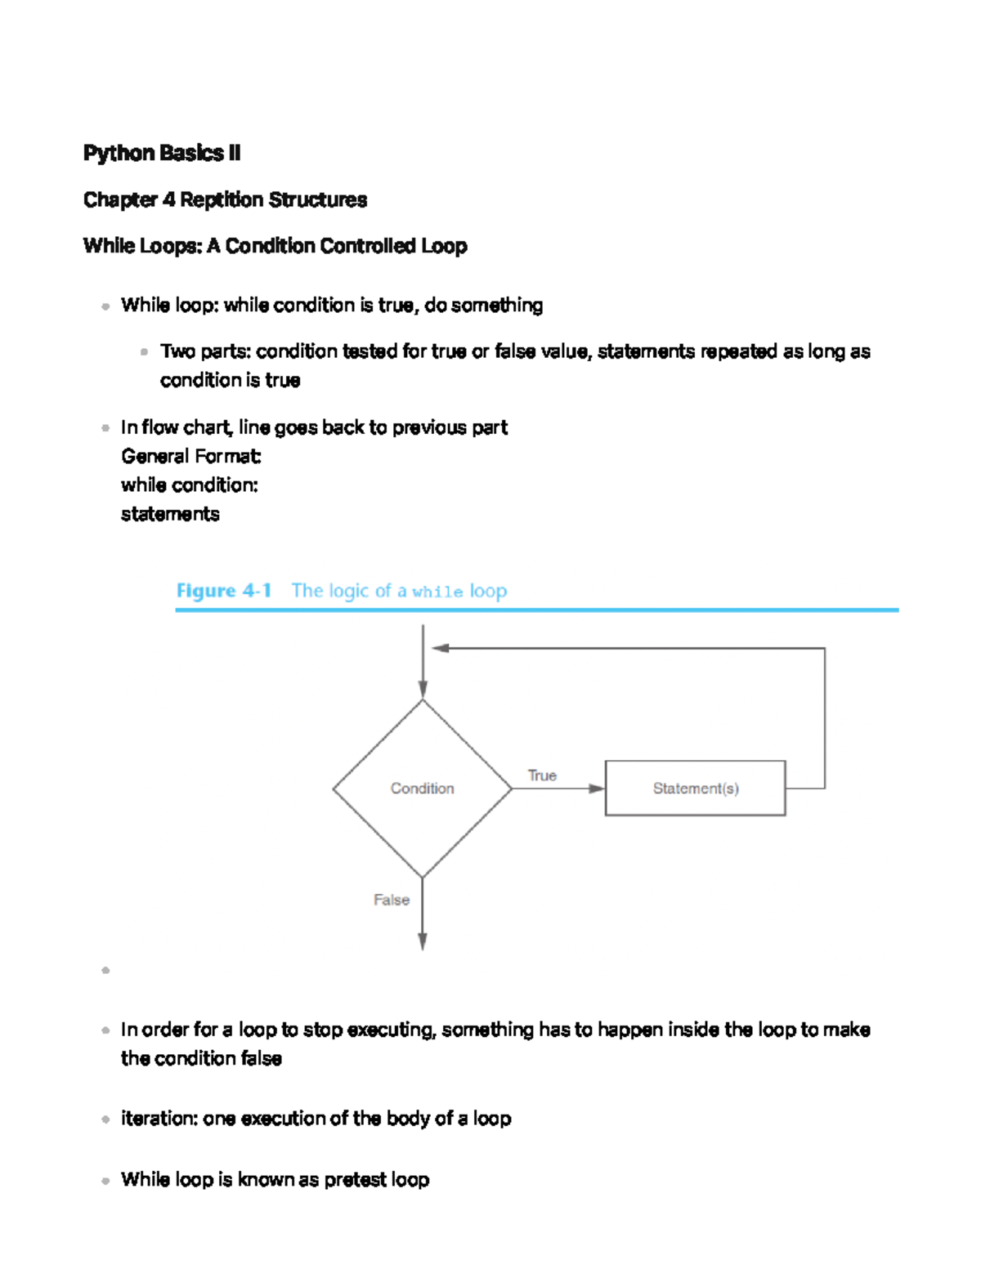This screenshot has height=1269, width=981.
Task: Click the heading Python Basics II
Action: pyautogui.click(x=162, y=154)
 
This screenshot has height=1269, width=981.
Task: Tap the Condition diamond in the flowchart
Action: pyautogui.click(x=422, y=789)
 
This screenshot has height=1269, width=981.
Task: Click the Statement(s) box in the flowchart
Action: pyautogui.click(x=695, y=789)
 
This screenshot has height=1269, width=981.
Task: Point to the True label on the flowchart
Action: pyautogui.click(x=542, y=775)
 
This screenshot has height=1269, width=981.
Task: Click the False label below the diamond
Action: pyautogui.click(x=392, y=900)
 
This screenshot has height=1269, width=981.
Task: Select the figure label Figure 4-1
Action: pyautogui.click(x=223, y=591)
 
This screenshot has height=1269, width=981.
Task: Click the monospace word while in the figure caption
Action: pyautogui.click(x=437, y=592)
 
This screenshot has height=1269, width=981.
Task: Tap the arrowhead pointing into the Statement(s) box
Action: pyautogui.click(x=597, y=789)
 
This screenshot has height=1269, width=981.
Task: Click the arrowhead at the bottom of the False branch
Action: pyautogui.click(x=423, y=941)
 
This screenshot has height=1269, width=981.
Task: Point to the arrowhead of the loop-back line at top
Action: pyautogui.click(x=441, y=648)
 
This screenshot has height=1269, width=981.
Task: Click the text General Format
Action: pyautogui.click(x=190, y=456)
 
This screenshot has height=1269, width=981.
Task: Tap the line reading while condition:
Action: pyautogui.click(x=189, y=485)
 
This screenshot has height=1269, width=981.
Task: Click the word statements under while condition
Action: pyautogui.click(x=170, y=514)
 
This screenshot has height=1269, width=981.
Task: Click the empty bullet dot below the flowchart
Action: pyautogui.click(x=105, y=971)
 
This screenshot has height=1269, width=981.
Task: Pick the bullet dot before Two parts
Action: pyautogui.click(x=145, y=352)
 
